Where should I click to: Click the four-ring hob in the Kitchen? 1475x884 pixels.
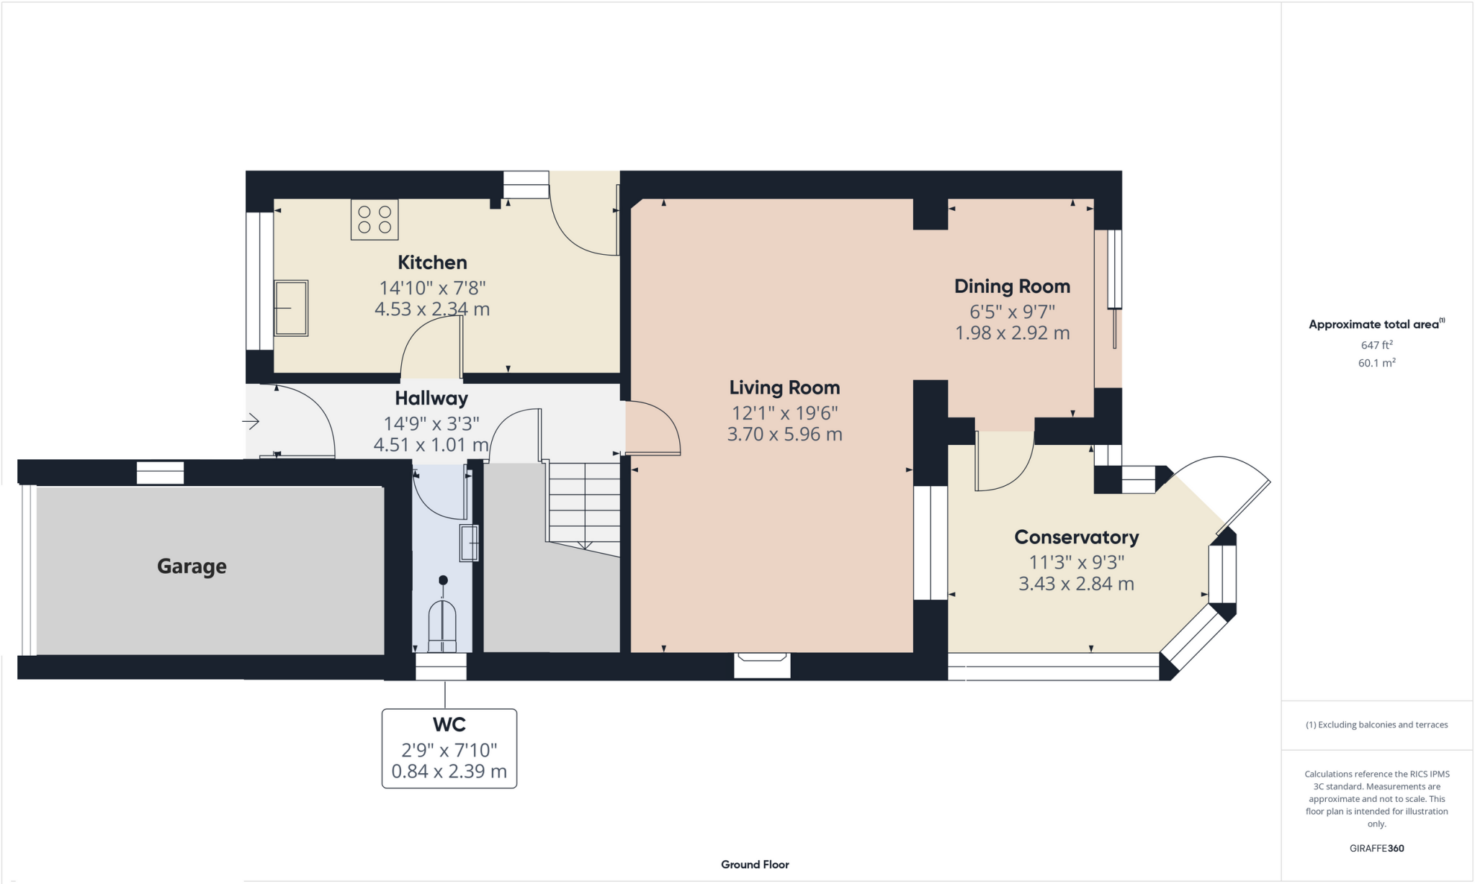[x=375, y=220]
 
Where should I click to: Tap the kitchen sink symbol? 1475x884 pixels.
[x=291, y=308]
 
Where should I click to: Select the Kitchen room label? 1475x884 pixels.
[x=432, y=263]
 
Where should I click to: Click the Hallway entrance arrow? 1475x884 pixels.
[x=251, y=420]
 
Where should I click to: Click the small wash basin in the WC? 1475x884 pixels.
[x=469, y=543]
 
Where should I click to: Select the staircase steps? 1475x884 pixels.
[x=584, y=504]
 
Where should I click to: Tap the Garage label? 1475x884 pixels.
[x=192, y=567]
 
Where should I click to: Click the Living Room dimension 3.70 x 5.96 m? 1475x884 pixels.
[x=784, y=434]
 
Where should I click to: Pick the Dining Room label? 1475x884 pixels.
[x=1012, y=287]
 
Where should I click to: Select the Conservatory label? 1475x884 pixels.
[x=1076, y=537]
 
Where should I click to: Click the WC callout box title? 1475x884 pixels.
[x=449, y=724]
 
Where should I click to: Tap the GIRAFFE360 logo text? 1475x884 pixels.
[x=1376, y=848]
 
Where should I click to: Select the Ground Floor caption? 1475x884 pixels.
[x=755, y=865]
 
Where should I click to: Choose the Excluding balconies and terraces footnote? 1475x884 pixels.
[x=1376, y=725]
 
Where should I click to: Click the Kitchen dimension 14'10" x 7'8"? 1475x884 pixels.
[x=432, y=288]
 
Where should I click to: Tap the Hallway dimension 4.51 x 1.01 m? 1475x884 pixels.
[x=431, y=445]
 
